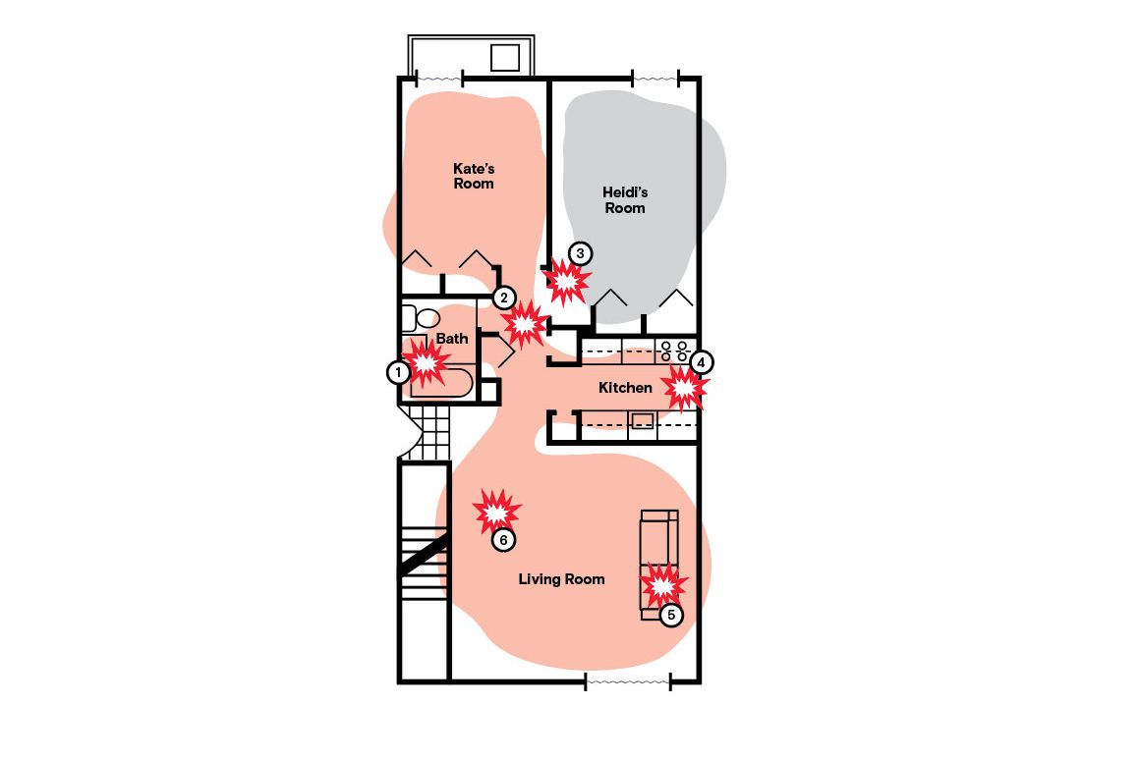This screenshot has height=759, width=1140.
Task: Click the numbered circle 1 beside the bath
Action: point(397,372)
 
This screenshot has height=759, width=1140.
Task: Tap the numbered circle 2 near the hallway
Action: point(503,297)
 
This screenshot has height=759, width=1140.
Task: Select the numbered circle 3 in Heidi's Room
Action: point(580,253)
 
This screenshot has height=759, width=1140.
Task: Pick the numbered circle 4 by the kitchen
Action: point(700,361)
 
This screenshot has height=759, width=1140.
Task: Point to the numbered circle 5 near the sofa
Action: point(670,616)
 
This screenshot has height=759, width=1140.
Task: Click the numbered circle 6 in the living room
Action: point(502,540)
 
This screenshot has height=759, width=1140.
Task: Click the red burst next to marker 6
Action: point(496,512)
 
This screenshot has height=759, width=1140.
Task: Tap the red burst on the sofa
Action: point(662,586)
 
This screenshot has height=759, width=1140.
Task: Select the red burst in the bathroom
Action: point(427,362)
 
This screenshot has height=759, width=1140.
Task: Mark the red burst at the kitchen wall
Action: point(684,389)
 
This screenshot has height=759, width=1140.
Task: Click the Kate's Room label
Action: point(474,176)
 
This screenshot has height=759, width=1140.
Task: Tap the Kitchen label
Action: point(625,388)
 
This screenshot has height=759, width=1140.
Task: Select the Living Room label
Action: point(561,579)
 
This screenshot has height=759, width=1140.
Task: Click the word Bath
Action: point(452,339)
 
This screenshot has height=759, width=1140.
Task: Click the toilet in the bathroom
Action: point(423,317)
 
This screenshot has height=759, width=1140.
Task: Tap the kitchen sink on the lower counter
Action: point(642,421)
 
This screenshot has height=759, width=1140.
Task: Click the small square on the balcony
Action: point(504,57)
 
